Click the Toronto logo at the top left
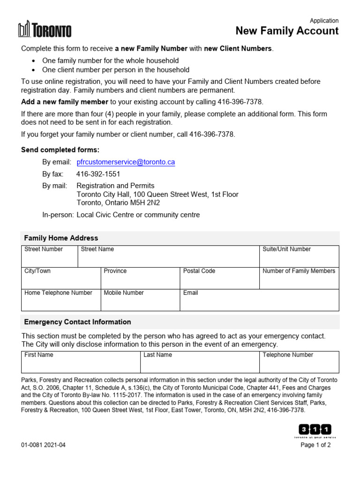45,30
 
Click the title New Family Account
287,31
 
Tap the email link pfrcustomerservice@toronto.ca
126,162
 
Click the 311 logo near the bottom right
315,430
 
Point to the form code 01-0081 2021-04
44,445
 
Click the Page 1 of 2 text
315,445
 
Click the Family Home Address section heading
61,238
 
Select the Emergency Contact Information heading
77,322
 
